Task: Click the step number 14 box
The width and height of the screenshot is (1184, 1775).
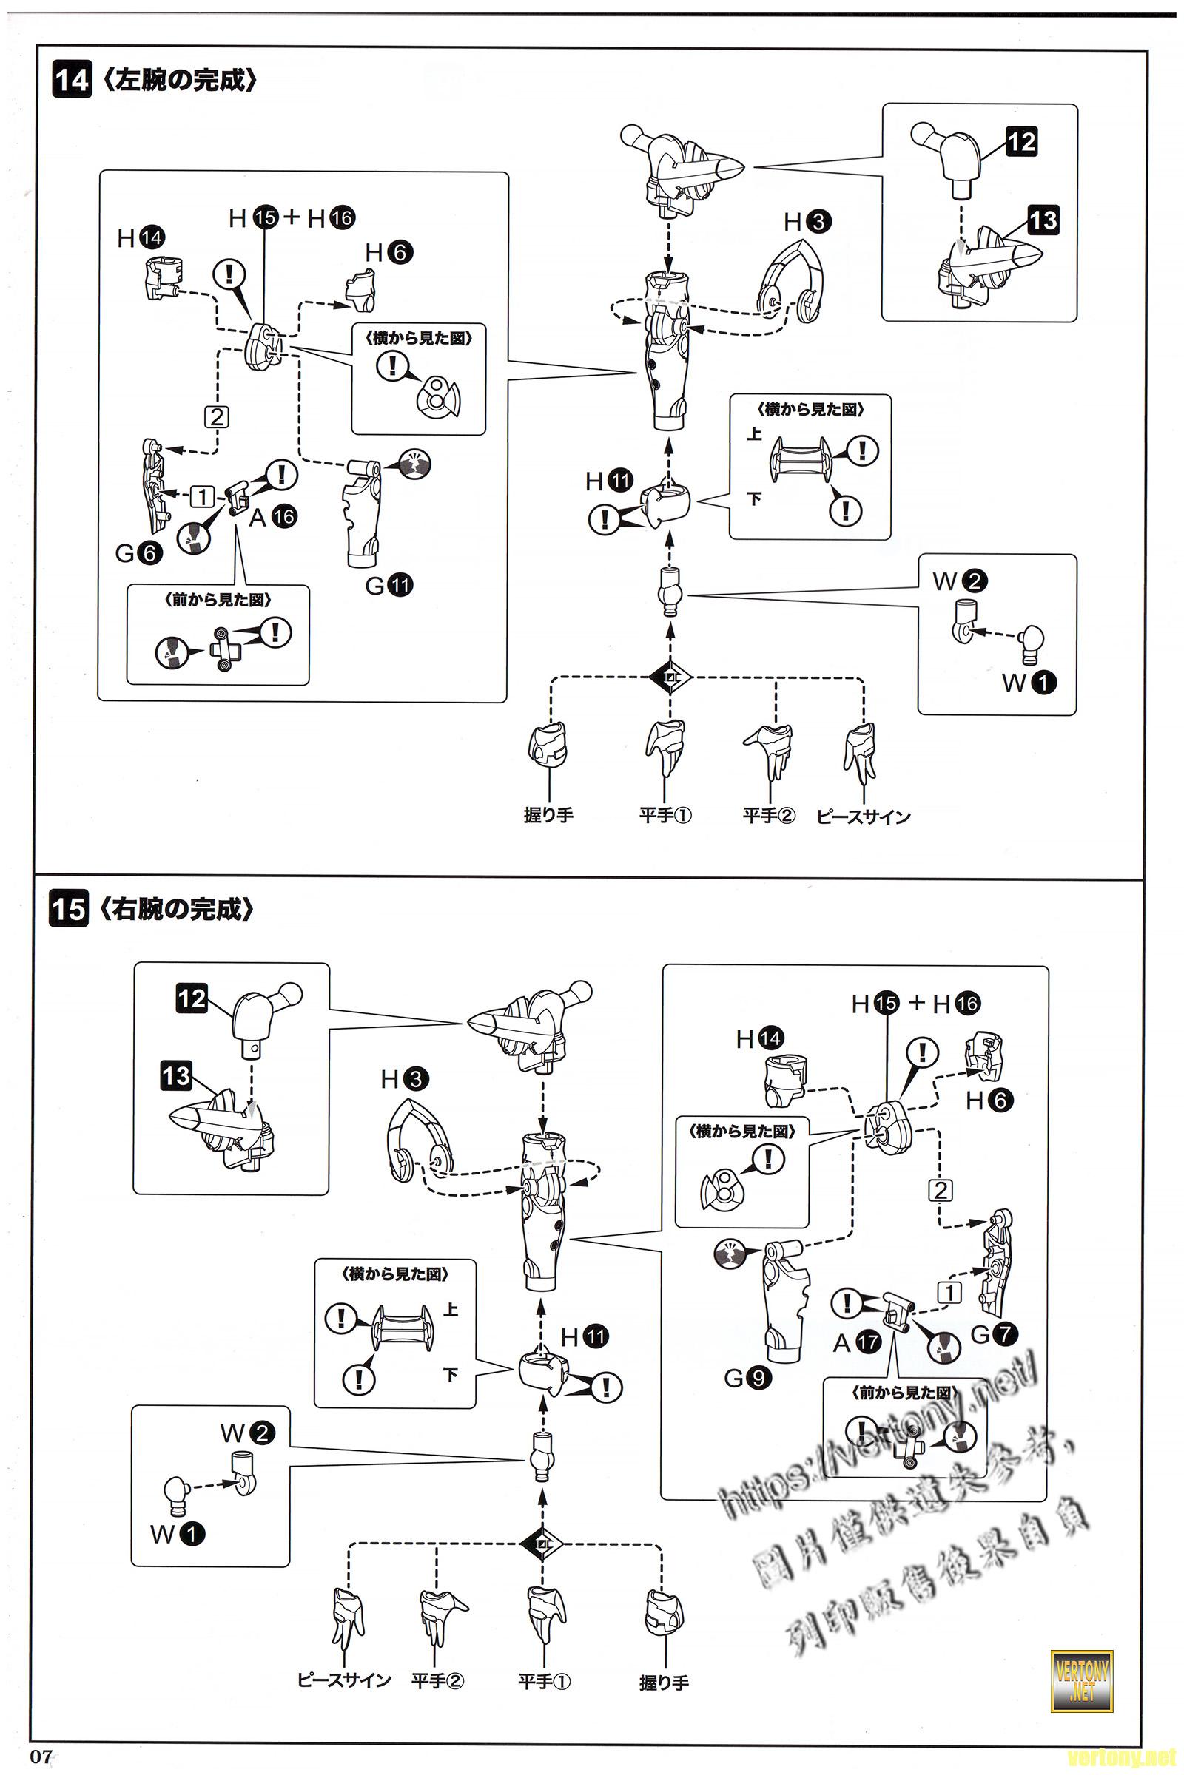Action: [x=71, y=79]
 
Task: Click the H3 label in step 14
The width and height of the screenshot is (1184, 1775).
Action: [x=807, y=222]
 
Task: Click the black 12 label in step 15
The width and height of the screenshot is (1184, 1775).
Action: [x=192, y=999]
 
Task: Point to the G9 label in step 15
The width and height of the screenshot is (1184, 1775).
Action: [x=747, y=1378]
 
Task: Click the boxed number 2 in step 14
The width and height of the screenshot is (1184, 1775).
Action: [x=217, y=416]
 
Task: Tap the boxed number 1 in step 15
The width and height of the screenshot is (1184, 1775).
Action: [x=950, y=1292]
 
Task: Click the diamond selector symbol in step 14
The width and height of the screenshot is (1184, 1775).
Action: [x=670, y=677]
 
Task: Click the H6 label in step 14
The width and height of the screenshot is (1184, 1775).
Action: [x=390, y=252]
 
